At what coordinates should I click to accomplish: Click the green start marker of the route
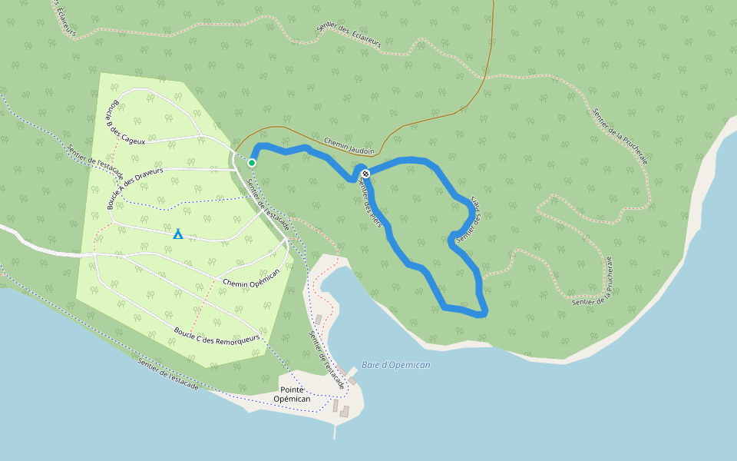tap(252, 162)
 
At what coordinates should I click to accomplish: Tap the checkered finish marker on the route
tap(365, 174)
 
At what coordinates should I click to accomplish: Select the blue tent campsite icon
tap(178, 234)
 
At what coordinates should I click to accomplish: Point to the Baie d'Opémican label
tap(396, 365)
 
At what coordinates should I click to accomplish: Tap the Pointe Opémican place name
tap(292, 394)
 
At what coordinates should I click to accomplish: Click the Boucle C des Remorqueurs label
tap(217, 335)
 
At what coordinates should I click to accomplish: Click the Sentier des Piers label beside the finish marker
tap(371, 205)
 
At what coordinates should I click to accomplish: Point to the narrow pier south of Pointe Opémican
tap(335, 430)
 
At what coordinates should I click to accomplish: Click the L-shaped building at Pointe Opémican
tap(344, 411)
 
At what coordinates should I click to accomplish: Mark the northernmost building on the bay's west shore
tap(319, 320)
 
